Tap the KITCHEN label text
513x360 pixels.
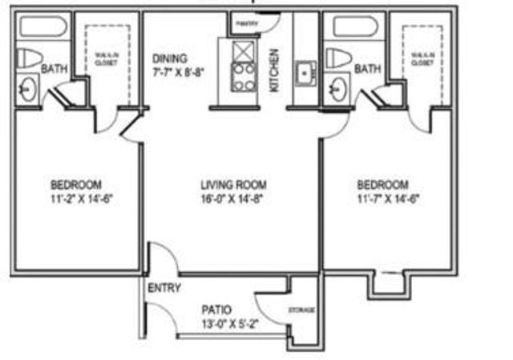coord(274,70)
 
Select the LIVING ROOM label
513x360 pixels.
coord(233,184)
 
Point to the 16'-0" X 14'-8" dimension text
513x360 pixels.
coord(232,198)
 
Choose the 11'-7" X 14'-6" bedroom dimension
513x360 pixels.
coord(389,198)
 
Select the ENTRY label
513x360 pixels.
coord(164,289)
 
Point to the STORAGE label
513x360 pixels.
coord(301,310)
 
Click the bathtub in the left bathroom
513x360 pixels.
coord(44,26)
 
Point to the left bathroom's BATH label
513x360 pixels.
coord(54,70)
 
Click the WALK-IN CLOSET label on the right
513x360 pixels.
coord(420,58)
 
